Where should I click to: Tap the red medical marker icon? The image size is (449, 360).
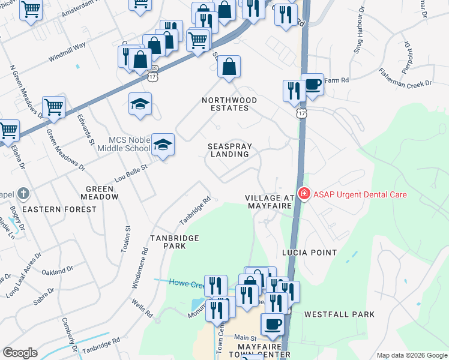[304, 194]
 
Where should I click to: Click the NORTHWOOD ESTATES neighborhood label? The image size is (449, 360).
[229, 104]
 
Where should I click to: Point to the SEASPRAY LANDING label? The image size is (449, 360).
[229, 150]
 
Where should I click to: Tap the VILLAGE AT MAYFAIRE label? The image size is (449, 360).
[270, 202]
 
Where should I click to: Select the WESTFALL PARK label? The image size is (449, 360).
[339, 314]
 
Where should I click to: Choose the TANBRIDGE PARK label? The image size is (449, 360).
[175, 242]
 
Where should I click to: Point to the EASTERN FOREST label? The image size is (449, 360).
[59, 209]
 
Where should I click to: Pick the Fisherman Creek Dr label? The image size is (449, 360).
[405, 78]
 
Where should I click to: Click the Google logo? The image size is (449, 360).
[20, 353]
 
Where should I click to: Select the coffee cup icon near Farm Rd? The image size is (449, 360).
[312, 84]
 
